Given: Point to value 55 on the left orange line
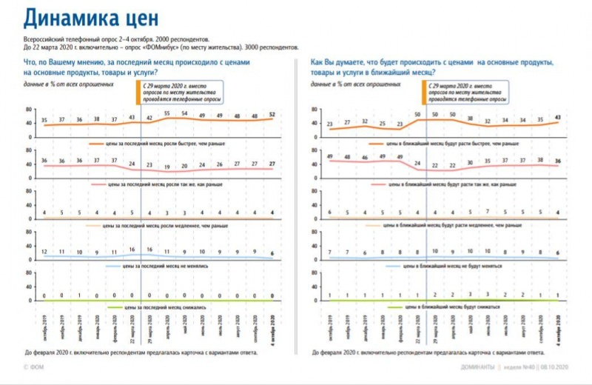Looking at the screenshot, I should coord(168,113).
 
